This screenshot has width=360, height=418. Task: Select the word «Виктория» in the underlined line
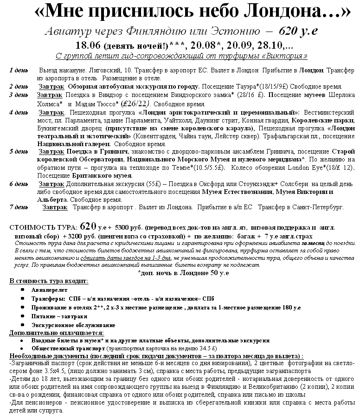tap(289, 56)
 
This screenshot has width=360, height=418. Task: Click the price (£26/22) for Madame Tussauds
tap(134, 103)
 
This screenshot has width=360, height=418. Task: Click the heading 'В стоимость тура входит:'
tap(49, 281)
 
